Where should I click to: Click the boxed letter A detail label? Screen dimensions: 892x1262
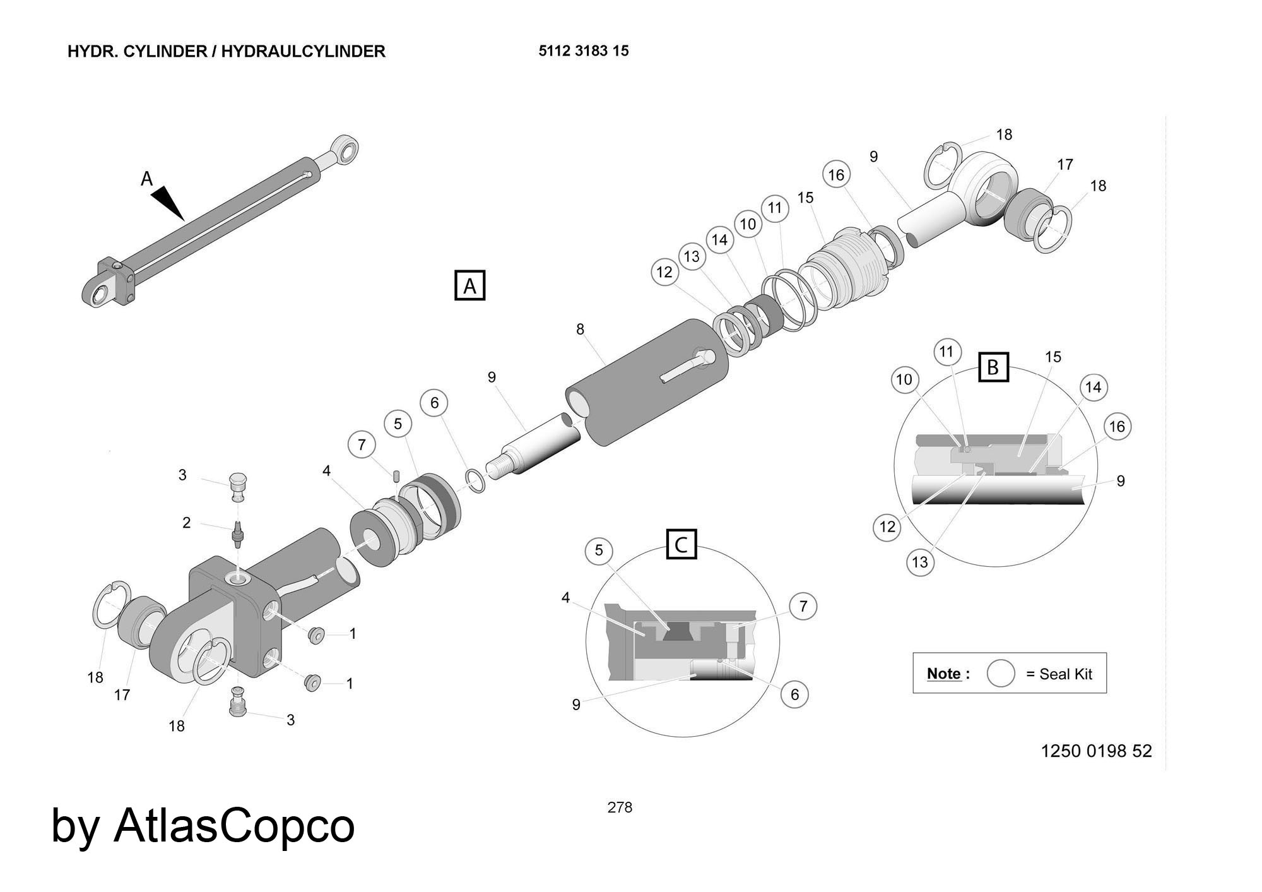[x=469, y=286]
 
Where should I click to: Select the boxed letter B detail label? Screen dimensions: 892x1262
[x=993, y=367]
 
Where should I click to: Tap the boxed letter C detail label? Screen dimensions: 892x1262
[x=681, y=544]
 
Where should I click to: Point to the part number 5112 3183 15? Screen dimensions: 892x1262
[x=584, y=51]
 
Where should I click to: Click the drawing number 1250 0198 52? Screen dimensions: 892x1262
[x=1096, y=751]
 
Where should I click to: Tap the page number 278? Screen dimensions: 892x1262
[x=620, y=807]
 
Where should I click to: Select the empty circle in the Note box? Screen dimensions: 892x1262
[x=1001, y=673]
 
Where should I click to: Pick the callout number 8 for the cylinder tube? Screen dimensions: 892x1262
[x=580, y=330]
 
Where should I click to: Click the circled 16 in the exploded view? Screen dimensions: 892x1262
[x=836, y=175]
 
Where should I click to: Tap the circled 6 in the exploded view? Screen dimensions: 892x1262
[x=434, y=403]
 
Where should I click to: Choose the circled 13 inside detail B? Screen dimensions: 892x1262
[x=920, y=562]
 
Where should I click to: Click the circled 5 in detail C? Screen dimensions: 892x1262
[x=599, y=550]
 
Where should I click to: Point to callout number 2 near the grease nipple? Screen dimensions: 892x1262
[x=186, y=523]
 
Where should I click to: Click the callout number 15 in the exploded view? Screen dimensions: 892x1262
[x=805, y=198]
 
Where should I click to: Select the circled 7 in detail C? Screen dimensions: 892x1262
[x=803, y=607]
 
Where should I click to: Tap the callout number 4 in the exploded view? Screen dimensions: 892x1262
[x=326, y=471]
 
